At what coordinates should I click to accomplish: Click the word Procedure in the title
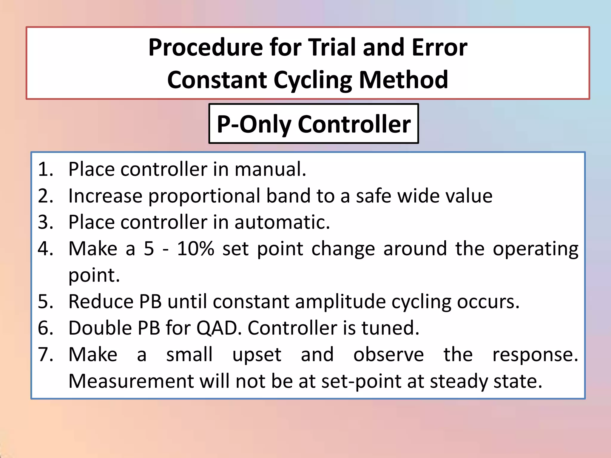206,48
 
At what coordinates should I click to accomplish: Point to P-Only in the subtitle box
254,124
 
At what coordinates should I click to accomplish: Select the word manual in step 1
270,169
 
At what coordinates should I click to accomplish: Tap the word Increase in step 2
105,196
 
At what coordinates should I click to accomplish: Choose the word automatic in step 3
282,222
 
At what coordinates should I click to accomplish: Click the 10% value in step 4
195,249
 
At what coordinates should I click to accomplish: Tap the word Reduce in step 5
100,301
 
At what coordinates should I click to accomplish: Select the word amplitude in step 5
340,302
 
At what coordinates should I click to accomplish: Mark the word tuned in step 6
390,328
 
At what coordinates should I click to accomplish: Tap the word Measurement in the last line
131,381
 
